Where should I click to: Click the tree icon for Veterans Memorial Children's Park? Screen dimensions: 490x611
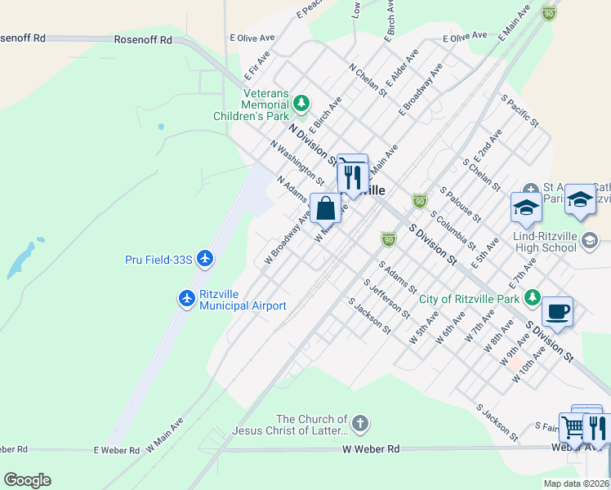301,103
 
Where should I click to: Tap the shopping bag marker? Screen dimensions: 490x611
325,208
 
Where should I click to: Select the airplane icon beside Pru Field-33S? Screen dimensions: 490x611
204,260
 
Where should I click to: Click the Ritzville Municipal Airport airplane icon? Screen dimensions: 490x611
187,299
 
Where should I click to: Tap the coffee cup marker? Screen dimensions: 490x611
557,311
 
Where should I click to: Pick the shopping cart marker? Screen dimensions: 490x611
574,427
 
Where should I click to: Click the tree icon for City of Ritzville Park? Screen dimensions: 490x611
533,296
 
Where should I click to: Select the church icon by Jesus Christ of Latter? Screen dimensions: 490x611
360,424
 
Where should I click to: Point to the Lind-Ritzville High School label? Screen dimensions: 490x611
536,247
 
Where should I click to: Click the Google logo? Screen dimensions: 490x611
27,480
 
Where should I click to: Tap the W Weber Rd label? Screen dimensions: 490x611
371,449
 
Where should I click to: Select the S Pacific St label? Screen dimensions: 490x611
520,110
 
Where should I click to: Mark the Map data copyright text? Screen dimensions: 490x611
576,483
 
